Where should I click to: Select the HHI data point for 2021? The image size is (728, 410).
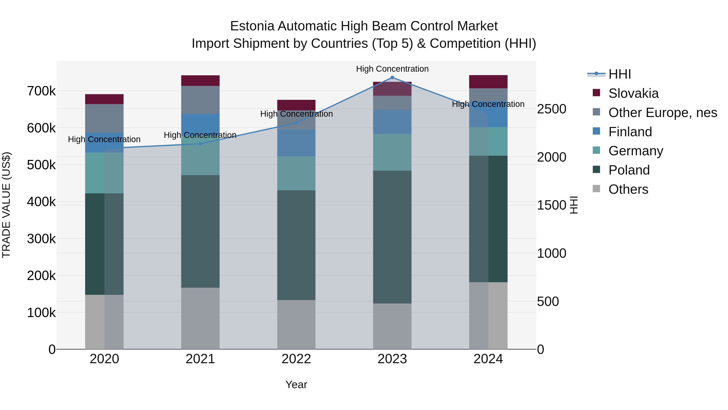[x=200, y=144]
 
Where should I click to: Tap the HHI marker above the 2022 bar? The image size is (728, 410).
[x=296, y=123]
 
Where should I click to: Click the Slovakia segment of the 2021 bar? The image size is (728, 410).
[x=200, y=81]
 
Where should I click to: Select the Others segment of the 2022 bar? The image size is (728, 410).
[x=296, y=324]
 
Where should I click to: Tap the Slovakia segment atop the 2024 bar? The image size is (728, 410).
[x=488, y=82]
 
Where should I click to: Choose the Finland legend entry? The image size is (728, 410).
[x=630, y=132]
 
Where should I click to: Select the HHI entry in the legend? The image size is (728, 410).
[x=619, y=74]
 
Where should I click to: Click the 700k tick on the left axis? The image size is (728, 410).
[x=41, y=91]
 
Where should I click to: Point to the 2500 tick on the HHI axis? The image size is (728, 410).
[x=551, y=109]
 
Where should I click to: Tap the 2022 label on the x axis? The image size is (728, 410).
[x=296, y=359]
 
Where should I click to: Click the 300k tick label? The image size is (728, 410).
[x=41, y=239]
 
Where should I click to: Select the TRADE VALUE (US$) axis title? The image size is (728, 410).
[x=6, y=205]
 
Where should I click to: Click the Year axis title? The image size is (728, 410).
[x=296, y=384]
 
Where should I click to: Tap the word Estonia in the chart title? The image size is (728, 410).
[x=252, y=26]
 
